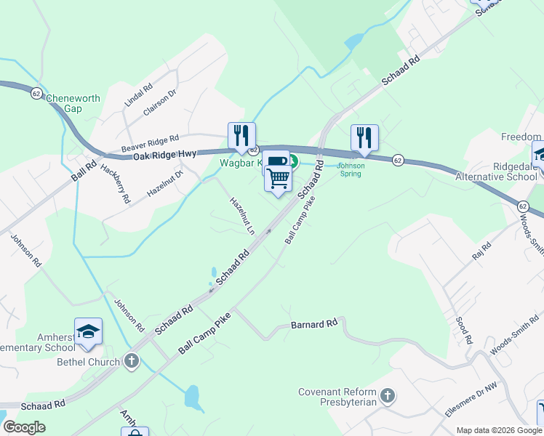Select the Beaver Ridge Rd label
(150, 142)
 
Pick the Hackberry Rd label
(116, 183)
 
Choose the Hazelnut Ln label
(242, 216)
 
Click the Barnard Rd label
(314, 323)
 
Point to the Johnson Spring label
(352, 169)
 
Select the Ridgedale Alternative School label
(496, 171)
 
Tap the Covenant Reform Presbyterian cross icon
(388, 396)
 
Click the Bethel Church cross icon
(131, 360)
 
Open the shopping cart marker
(278, 178)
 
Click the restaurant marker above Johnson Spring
(364, 137)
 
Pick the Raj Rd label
(481, 251)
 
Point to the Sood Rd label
(463, 328)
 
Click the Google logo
(24, 427)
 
